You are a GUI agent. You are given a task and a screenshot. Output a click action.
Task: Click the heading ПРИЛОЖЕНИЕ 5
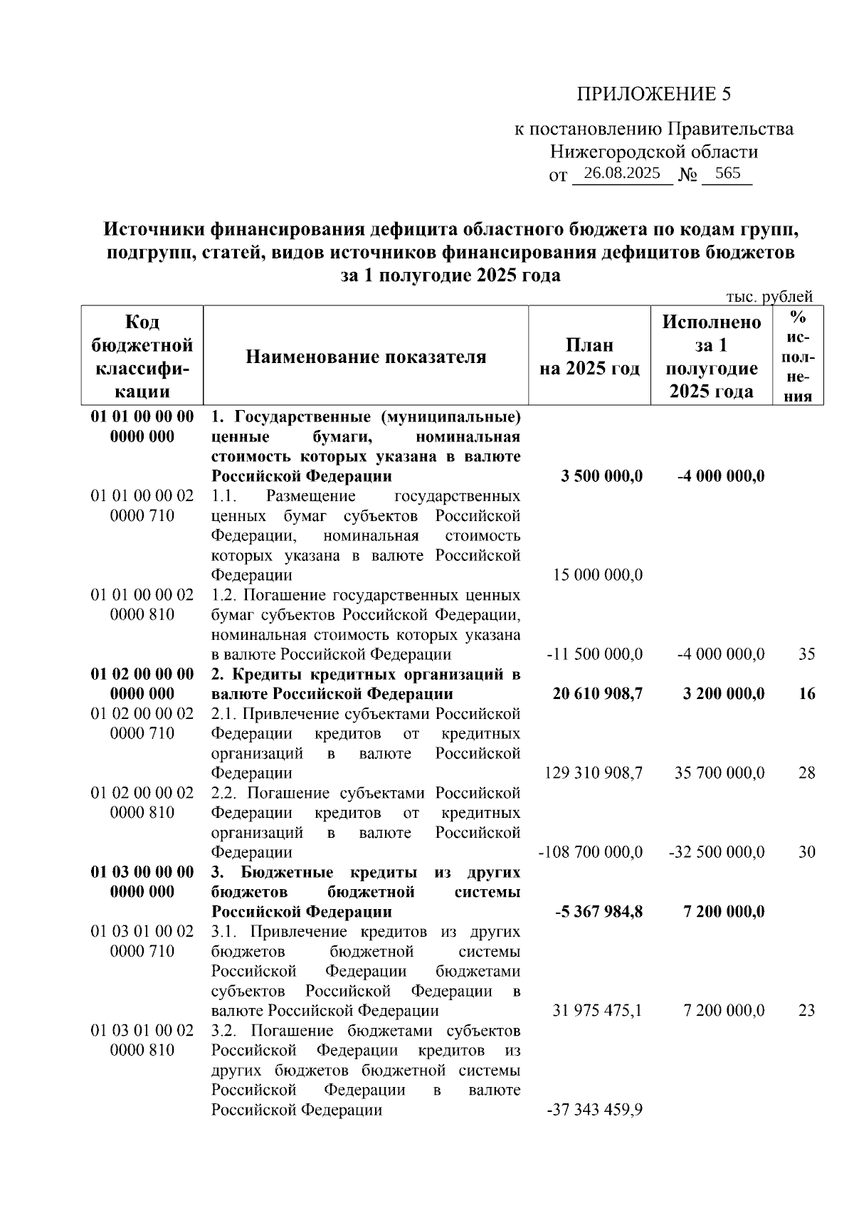[x=653, y=94]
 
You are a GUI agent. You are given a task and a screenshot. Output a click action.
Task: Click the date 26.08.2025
[x=621, y=173]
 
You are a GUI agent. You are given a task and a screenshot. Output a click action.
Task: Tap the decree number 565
[x=727, y=173]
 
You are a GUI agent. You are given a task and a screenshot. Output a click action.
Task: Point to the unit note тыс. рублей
[x=769, y=296]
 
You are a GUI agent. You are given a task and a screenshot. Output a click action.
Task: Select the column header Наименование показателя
[x=366, y=357]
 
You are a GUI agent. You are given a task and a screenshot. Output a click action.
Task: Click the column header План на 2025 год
[x=589, y=357]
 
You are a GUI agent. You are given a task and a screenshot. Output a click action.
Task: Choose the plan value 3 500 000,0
[x=601, y=476]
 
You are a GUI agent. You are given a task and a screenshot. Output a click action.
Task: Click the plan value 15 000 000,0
[x=598, y=574]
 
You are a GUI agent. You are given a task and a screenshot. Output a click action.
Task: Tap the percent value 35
[x=806, y=653]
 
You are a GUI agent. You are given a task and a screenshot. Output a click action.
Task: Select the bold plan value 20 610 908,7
[x=598, y=693]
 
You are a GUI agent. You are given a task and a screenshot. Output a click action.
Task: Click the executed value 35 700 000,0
[x=719, y=772]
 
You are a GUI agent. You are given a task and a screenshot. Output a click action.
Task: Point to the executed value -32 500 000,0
[x=717, y=852]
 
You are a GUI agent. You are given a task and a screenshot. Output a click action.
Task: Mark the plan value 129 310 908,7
[x=594, y=772]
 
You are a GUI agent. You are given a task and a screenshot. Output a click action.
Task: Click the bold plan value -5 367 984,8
[x=599, y=911]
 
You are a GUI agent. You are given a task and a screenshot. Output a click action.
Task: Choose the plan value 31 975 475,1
[x=598, y=1010]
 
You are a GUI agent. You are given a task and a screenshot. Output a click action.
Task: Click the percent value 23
[x=806, y=1010]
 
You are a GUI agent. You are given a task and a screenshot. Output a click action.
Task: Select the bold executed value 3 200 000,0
[x=724, y=693]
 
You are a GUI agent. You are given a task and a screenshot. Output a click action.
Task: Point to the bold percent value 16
[x=806, y=693]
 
